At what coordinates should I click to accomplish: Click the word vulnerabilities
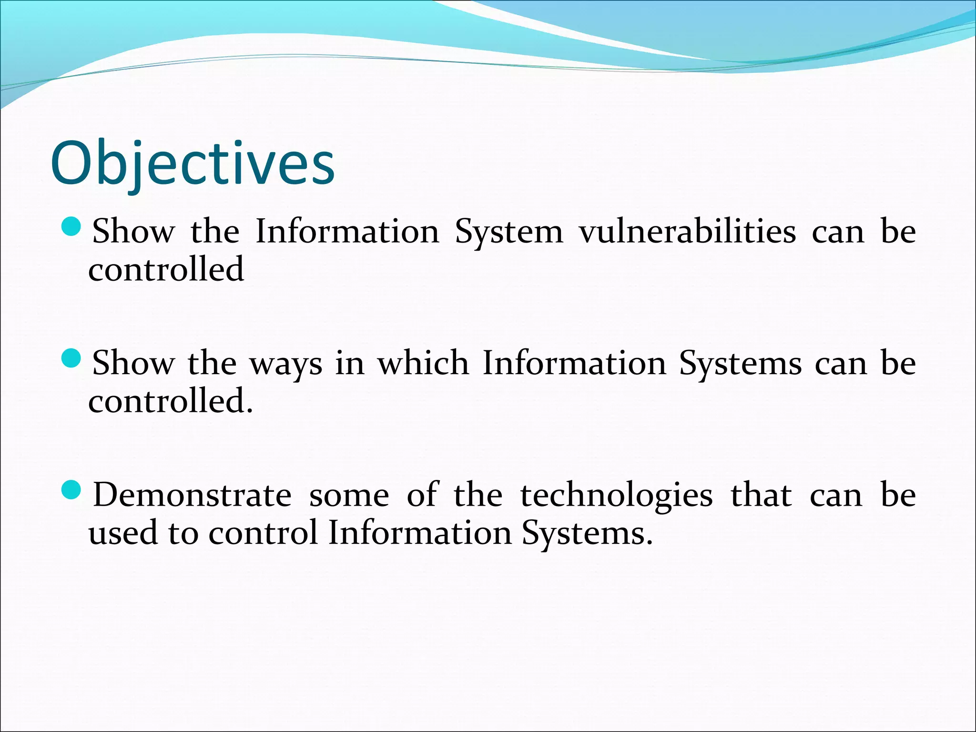pyautogui.click(x=687, y=232)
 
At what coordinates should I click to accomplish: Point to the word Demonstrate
pyautogui.click(x=192, y=495)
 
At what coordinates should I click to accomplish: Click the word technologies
pyautogui.click(x=616, y=495)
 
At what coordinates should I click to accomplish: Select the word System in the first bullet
pyautogui.click(x=508, y=233)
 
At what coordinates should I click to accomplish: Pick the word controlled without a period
pyautogui.click(x=166, y=269)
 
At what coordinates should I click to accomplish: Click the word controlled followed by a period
pyautogui.click(x=171, y=401)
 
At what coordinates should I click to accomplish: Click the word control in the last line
pyautogui.click(x=263, y=533)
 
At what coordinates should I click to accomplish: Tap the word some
pyautogui.click(x=349, y=496)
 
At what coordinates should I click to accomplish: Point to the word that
pyautogui.click(x=761, y=495)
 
